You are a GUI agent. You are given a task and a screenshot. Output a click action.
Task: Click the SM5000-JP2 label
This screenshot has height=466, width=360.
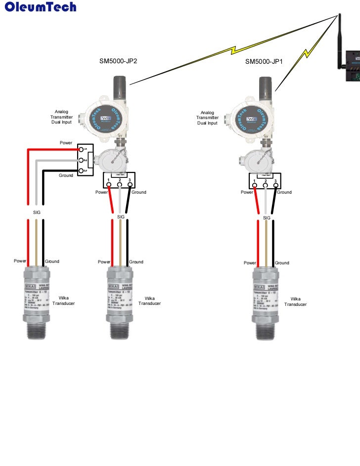coord(118,62)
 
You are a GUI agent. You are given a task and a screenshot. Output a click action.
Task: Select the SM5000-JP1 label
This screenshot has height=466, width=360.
coord(264,62)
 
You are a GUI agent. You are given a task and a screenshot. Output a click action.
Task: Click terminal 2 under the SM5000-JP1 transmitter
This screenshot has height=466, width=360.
coord(266,186)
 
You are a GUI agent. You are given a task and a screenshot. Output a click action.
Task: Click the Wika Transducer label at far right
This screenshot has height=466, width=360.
coord(295,301)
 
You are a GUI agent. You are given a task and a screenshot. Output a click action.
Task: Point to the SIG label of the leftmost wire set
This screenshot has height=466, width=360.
coord(37,212)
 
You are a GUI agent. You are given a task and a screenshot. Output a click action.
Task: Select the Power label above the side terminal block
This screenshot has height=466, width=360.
coord(66,142)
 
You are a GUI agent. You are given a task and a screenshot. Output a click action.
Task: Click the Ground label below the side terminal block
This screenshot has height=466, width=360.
coord(66,175)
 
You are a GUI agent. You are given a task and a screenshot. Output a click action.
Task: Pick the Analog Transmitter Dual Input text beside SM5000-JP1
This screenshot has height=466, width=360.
coord(207,118)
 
